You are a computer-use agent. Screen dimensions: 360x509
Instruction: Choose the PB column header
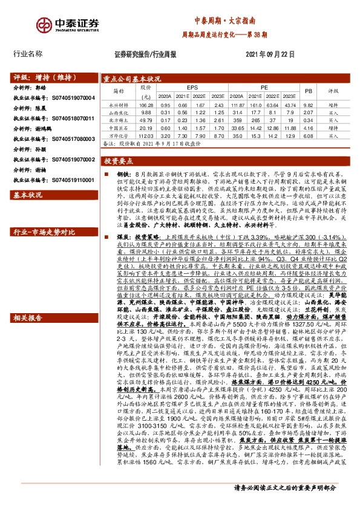[x=307, y=91]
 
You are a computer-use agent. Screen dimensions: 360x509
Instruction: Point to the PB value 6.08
[x=307, y=136]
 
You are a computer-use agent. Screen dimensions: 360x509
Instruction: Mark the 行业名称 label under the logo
[x=28, y=54]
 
